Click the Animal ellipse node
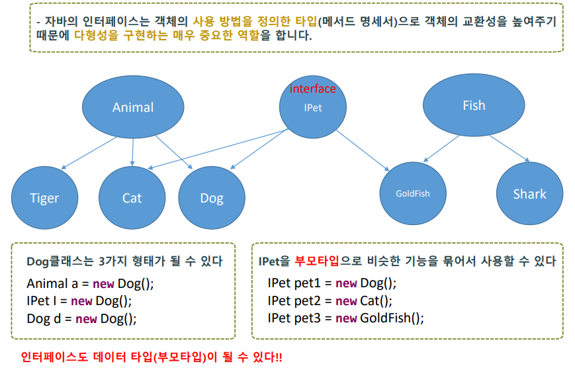pos(133,107)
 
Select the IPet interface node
pos(313,108)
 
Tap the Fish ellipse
pos(474,105)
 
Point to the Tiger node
pos(44,197)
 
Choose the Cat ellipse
pos(132,197)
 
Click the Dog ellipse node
pos(212,197)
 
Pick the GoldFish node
pos(413,193)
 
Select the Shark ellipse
pos(529,193)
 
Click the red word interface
pos(313,89)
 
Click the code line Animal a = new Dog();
pos(90,283)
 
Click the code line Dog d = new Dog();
pos(81,318)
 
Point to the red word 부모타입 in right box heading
pos(317,261)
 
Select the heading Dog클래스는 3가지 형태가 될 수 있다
pos(124,261)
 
